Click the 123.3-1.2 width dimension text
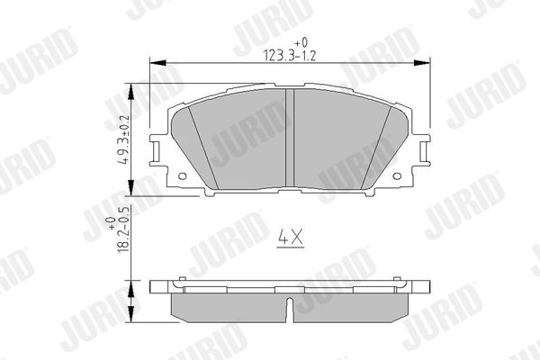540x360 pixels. (x=289, y=56)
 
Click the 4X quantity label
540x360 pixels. (x=291, y=238)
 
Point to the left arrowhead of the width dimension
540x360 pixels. (x=158, y=63)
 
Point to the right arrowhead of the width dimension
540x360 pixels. (x=422, y=63)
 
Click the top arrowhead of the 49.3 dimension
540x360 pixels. (x=130, y=91)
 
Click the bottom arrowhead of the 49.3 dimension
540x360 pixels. (x=130, y=188)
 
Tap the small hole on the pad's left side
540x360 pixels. (x=182, y=176)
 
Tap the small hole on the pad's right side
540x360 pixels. (x=397, y=176)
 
